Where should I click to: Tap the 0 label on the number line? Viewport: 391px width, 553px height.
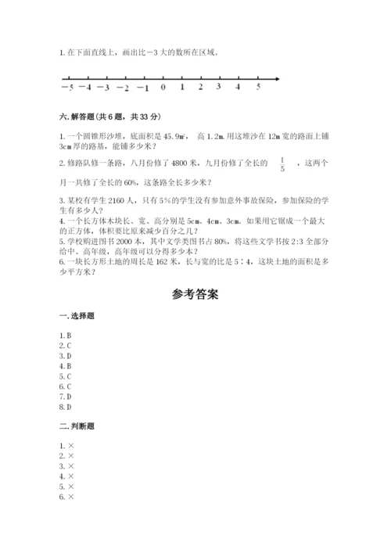[163, 88]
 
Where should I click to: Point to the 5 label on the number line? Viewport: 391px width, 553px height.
[258, 87]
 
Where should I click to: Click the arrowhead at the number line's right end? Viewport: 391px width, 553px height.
[280, 77]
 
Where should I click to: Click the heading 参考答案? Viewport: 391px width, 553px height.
[195, 295]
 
